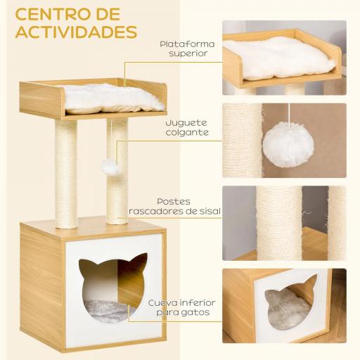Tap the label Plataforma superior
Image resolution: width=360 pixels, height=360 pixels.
184,49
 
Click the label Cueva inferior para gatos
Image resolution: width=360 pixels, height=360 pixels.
181,307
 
